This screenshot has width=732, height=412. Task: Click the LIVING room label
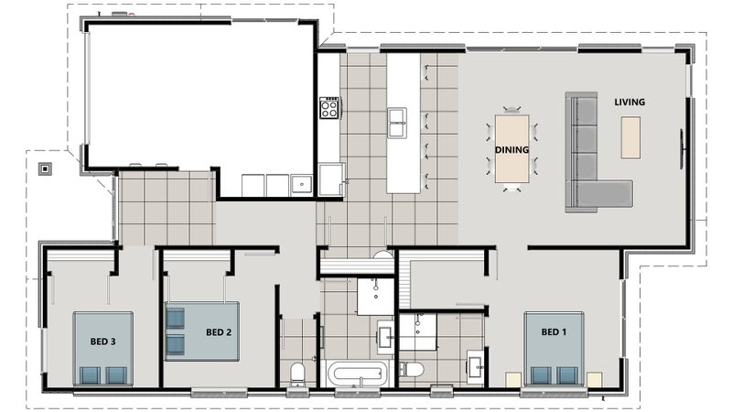[x=630, y=102]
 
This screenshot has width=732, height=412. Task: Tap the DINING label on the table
[x=511, y=150]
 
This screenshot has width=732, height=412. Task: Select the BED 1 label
[x=554, y=332]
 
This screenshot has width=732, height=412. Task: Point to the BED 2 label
[x=219, y=332]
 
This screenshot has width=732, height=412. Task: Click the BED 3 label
[x=102, y=342]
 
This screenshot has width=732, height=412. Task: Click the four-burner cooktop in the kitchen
[x=329, y=108]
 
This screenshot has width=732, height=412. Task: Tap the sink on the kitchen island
[x=397, y=123]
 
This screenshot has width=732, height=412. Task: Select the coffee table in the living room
[x=630, y=137]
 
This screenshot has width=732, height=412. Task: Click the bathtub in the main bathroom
[x=358, y=374]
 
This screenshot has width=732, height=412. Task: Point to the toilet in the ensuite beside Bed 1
[x=412, y=369]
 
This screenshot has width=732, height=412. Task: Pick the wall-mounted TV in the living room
[x=683, y=149]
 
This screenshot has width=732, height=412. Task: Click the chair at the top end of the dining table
[x=512, y=110]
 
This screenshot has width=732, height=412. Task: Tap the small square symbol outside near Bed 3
[x=45, y=168]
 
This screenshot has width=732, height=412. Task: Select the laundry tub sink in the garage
[x=302, y=185]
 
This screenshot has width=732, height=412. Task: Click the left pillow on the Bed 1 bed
[x=541, y=375]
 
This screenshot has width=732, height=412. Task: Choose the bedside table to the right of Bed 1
[x=594, y=379]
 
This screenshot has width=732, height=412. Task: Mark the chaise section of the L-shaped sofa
[x=605, y=193]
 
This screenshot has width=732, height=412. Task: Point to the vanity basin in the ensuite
[x=477, y=367]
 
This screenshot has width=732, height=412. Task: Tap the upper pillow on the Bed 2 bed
[x=176, y=318]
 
